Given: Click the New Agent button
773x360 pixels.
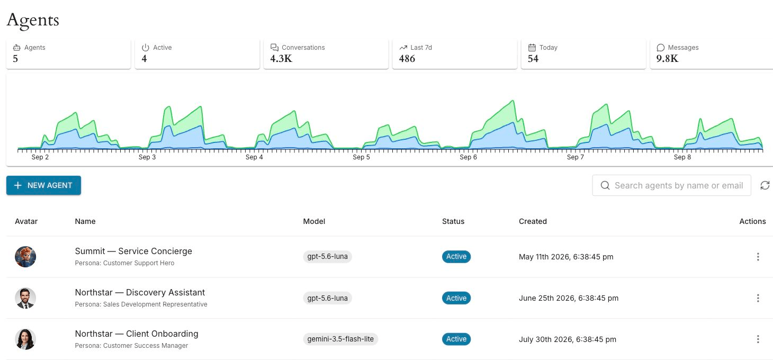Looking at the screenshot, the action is [x=43, y=185].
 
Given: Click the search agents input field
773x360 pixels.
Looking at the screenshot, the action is [x=671, y=185].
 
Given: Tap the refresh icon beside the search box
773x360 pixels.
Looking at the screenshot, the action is [x=765, y=185].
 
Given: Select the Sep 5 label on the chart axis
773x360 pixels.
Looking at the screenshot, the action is [x=361, y=157].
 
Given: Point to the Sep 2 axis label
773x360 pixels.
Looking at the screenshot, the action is [x=40, y=157].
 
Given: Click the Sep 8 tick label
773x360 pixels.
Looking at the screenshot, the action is [x=682, y=157].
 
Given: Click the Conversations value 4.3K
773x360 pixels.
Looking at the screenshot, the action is [x=281, y=59].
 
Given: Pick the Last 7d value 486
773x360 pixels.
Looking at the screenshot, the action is [x=407, y=59].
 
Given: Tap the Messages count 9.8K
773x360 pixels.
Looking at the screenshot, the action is [x=667, y=59].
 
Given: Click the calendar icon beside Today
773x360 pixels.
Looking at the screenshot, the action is [x=532, y=48].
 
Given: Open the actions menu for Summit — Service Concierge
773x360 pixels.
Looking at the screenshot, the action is [x=758, y=257].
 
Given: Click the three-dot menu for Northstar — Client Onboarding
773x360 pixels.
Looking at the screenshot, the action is [x=758, y=339].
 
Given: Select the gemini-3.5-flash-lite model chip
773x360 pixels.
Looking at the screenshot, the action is [x=340, y=339].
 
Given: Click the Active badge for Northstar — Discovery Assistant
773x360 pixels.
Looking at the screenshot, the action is [x=456, y=298].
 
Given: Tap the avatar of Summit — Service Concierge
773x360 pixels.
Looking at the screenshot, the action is [x=25, y=257].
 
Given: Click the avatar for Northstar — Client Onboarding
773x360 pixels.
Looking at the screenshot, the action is [x=25, y=339].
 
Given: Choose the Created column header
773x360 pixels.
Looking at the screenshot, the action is [x=533, y=221].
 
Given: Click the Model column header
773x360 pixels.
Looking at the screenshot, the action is [x=314, y=221].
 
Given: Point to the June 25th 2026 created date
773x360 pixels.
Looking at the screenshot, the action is [x=568, y=298].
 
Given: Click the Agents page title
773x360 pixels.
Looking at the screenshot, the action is [x=33, y=20].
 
